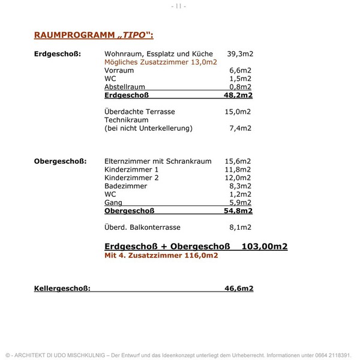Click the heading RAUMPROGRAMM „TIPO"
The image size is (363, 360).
pyautogui.click(x=94, y=35)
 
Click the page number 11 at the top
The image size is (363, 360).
pyautogui.click(x=178, y=6)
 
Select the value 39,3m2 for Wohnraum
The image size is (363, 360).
pyautogui.click(x=240, y=54)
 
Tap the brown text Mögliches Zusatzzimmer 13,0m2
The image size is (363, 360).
pyautogui.click(x=160, y=62)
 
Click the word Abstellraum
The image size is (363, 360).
pyautogui.click(x=125, y=87)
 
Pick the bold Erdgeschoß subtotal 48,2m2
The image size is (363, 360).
pyautogui.click(x=238, y=95)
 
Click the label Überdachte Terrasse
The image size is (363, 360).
pyautogui.click(x=139, y=112)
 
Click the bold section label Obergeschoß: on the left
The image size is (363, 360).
pyautogui.click(x=60, y=161)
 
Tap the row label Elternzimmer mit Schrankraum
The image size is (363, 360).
pyautogui.click(x=158, y=161)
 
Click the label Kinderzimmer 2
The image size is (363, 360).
pyautogui.click(x=131, y=178)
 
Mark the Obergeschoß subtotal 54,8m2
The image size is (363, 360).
pyautogui.click(x=238, y=211)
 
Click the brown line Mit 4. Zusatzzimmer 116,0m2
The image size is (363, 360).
pyautogui.click(x=161, y=256)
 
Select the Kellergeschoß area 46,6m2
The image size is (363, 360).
pyautogui.click(x=239, y=289)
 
